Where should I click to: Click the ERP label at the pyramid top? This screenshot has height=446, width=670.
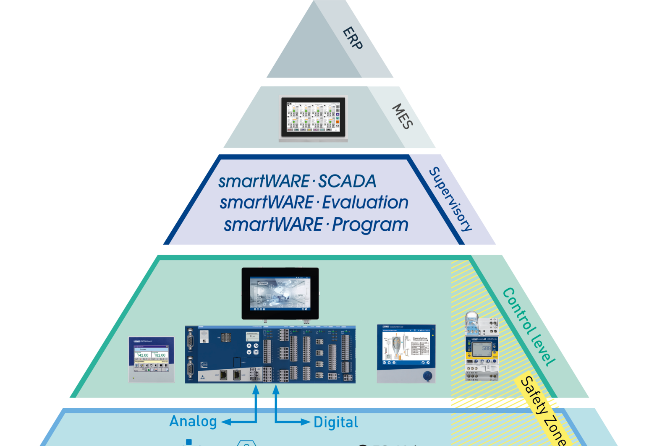(x=352, y=38)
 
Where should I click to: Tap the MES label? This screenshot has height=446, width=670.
(x=402, y=116)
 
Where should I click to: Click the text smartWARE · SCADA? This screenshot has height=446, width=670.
(x=297, y=182)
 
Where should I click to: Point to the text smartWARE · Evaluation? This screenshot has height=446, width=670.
(x=314, y=203)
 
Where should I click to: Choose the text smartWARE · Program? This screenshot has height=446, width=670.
(x=316, y=224)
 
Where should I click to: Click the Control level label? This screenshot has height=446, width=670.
(x=529, y=326)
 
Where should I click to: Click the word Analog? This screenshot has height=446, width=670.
(x=193, y=421)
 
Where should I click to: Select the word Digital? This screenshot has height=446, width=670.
(x=336, y=422)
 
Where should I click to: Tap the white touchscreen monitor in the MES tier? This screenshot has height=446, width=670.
(x=313, y=118)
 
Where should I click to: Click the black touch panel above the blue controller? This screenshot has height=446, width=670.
(x=280, y=293)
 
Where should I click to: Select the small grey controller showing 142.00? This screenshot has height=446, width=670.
(x=151, y=360)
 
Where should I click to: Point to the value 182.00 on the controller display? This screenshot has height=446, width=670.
(x=160, y=355)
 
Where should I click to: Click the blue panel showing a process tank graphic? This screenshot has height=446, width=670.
(x=406, y=353)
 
